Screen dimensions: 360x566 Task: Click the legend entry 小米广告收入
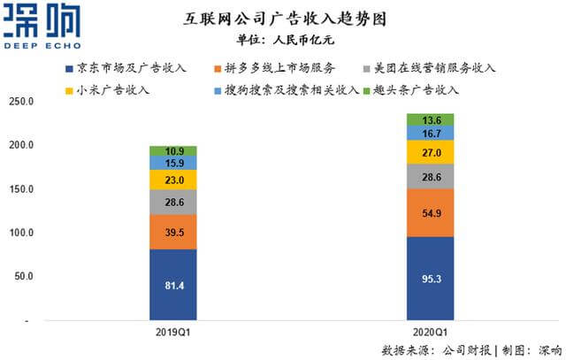coord(111,89)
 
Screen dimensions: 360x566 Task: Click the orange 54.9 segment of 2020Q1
coord(430,212)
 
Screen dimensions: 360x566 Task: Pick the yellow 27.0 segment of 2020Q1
coord(430,152)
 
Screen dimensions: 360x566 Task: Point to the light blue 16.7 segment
coord(430,133)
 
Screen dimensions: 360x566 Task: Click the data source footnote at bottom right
coord(473,347)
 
